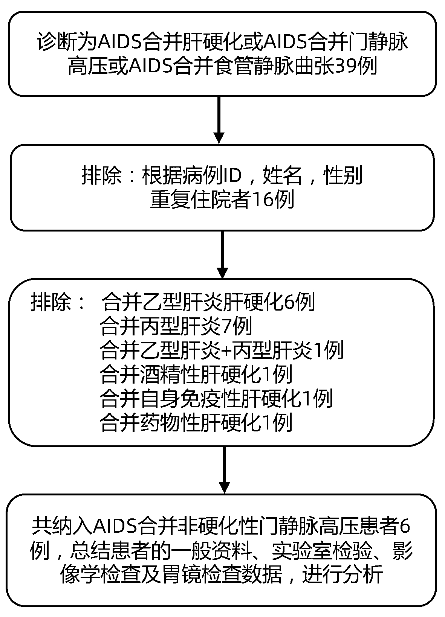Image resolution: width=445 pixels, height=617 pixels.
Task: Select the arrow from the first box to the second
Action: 219,120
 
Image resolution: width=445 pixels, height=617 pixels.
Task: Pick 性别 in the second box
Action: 344,176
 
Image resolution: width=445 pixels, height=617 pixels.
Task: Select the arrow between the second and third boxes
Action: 222,254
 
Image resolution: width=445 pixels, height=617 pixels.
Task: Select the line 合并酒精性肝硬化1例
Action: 196,375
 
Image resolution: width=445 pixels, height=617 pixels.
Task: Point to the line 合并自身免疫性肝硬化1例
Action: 216,399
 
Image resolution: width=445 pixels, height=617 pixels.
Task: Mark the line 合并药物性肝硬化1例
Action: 196,423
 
